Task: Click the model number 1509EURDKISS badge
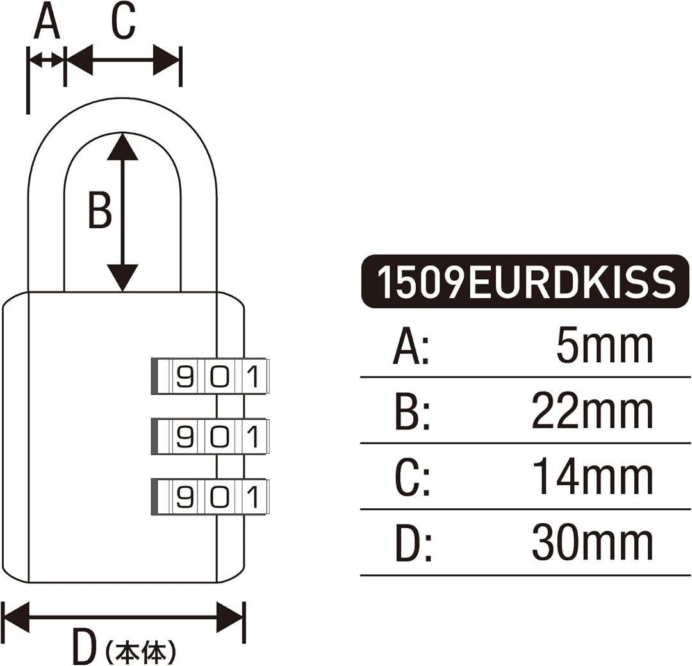point(525,282)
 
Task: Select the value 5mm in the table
point(605,347)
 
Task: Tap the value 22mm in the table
point(593,412)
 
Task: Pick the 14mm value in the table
point(593,478)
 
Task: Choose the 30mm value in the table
point(593,544)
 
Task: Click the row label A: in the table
point(411,348)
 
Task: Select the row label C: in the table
point(411,479)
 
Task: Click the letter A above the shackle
point(47,23)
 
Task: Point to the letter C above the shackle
point(123,23)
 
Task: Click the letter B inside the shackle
point(99,210)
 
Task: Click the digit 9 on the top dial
point(185,376)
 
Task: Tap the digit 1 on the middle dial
point(253,437)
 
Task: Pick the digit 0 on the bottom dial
point(219,497)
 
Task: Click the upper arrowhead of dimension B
point(122,147)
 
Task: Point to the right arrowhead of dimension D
point(231,618)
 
